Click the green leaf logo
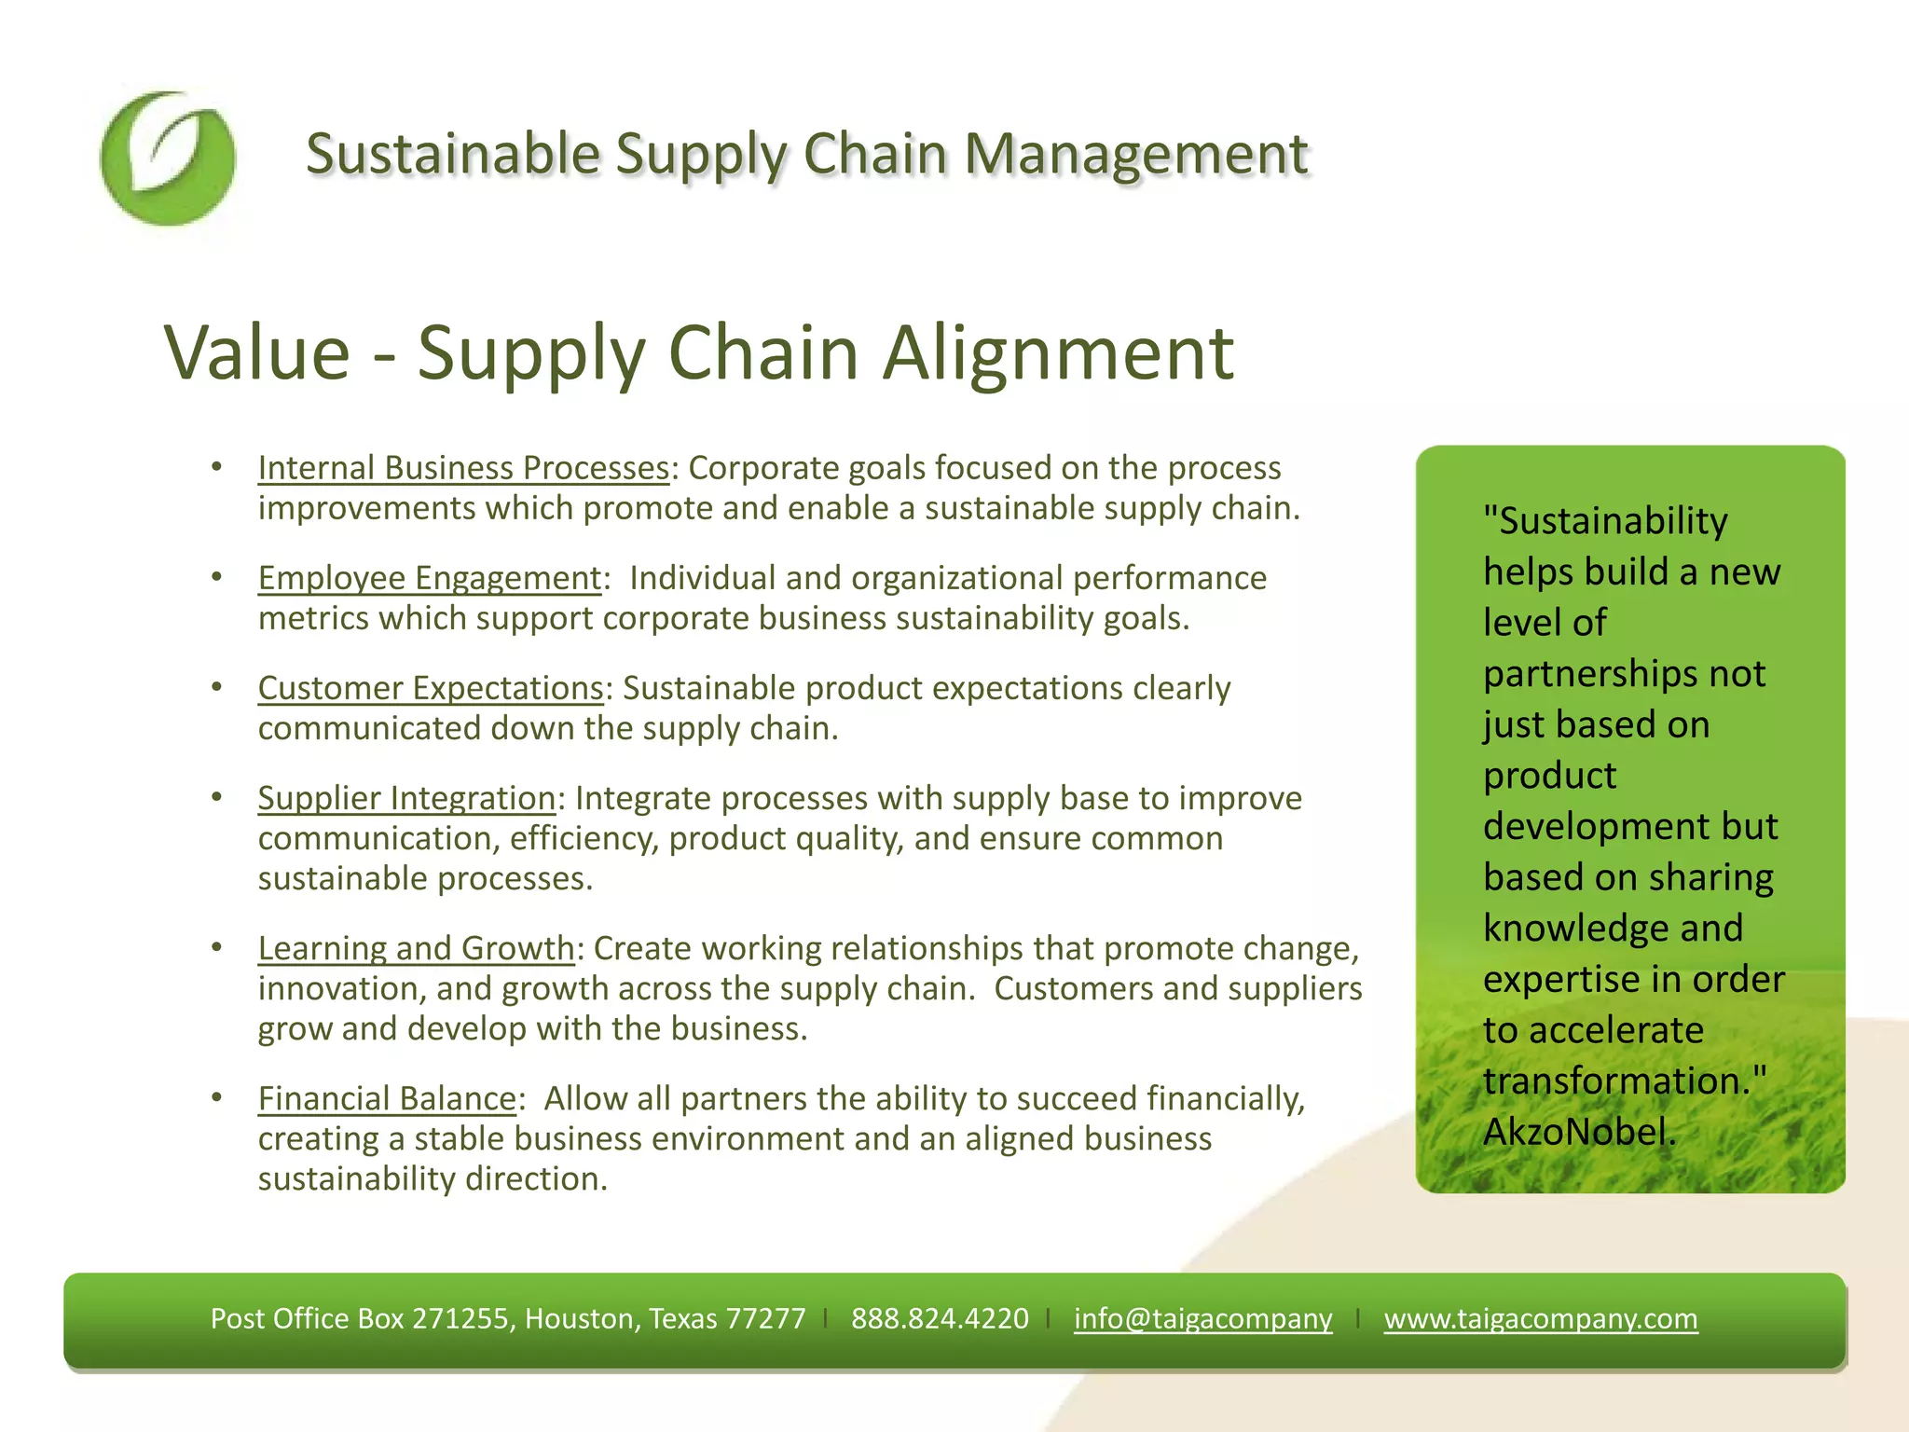168,158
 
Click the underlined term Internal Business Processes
463,468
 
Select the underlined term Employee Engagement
430,578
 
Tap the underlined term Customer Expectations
431,688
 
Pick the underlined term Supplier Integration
406,798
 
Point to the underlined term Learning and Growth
416,948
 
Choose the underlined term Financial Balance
387,1098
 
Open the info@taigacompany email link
1202,1318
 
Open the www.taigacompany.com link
1540,1318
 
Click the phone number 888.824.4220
940,1318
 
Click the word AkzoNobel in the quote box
1578,1132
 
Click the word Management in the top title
1136,154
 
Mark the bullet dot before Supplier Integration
216,797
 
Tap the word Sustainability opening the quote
1613,521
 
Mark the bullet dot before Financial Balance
216,1097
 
